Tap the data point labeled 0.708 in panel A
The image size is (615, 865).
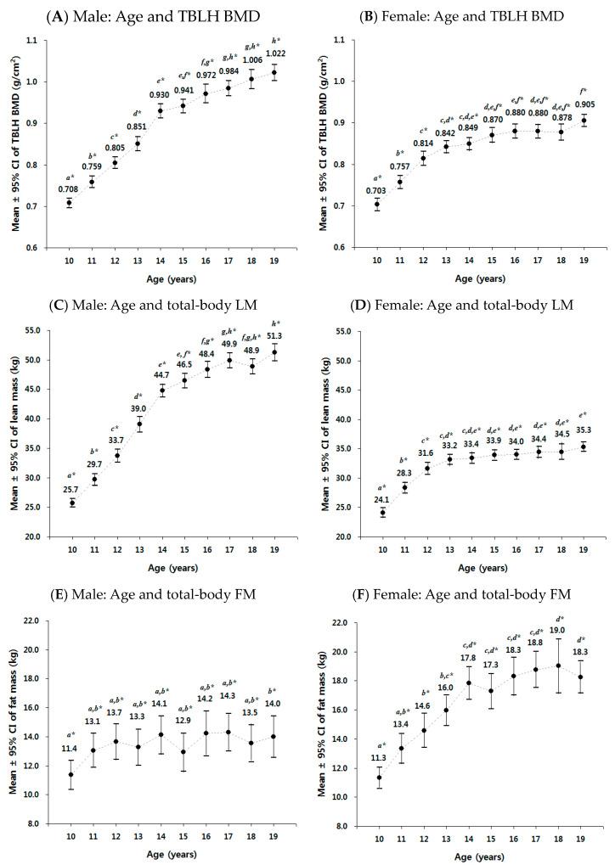[70, 203]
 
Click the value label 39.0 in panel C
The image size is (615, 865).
[142, 408]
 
